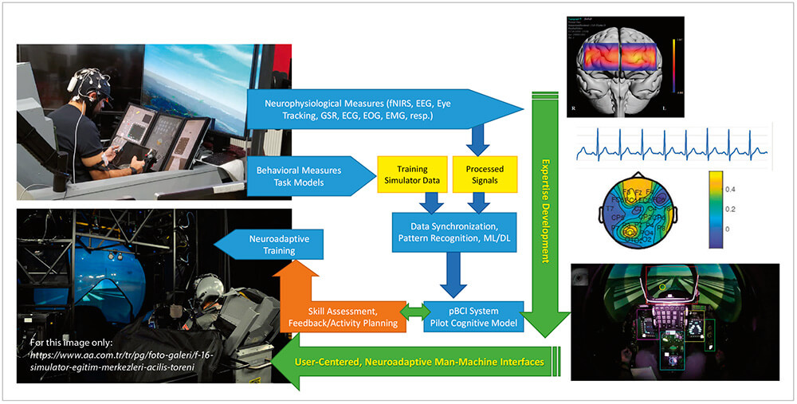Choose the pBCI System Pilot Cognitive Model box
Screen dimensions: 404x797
(x=474, y=316)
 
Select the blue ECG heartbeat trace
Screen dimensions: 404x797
(x=670, y=146)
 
